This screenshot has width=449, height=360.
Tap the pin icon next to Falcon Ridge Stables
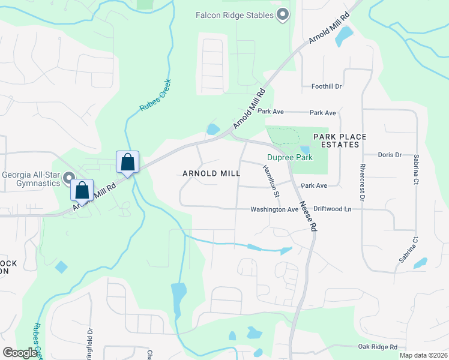(285, 13)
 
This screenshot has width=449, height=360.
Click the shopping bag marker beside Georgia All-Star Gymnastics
(82, 190)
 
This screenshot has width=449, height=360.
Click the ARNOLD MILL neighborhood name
(211, 173)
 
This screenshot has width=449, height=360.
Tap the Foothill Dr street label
(327, 86)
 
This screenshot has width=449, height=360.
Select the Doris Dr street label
(390, 155)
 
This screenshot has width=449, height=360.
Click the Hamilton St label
(271, 181)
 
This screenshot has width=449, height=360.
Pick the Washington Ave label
(274, 209)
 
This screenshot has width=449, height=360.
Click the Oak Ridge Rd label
(378, 347)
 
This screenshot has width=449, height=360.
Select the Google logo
(20, 353)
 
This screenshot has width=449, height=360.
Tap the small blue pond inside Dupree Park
(305, 150)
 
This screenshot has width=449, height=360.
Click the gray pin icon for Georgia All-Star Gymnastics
(69, 177)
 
